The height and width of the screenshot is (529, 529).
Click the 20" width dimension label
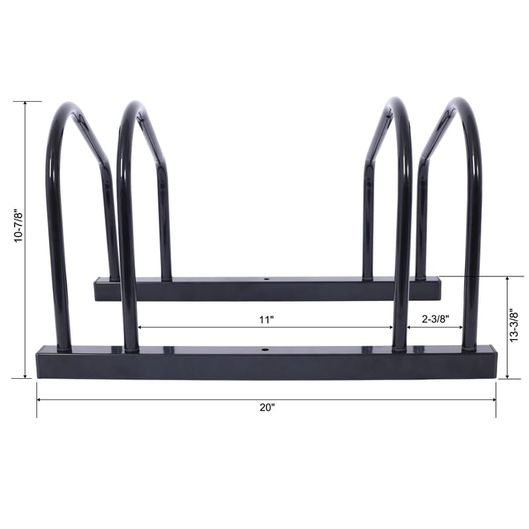(x=266, y=408)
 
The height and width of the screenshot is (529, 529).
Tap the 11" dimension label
(x=266, y=319)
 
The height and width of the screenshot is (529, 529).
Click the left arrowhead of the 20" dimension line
(x=39, y=400)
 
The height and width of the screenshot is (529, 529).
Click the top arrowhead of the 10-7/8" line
(x=26, y=104)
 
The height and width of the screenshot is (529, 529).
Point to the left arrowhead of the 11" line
(x=140, y=327)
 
